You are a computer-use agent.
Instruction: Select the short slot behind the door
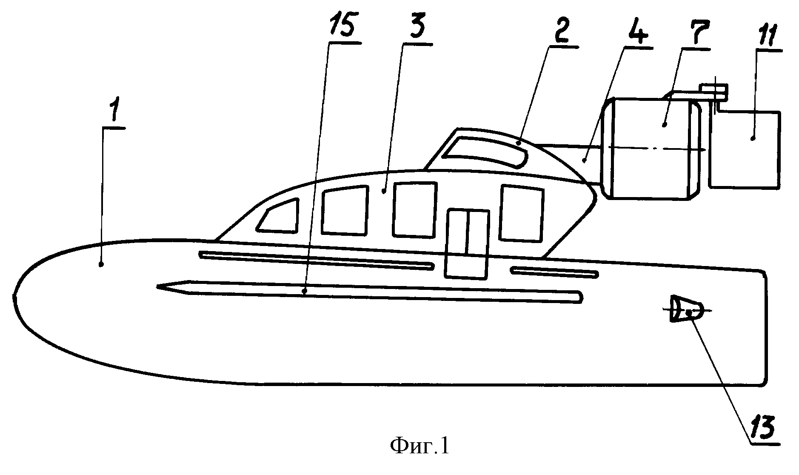tap(555, 273)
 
